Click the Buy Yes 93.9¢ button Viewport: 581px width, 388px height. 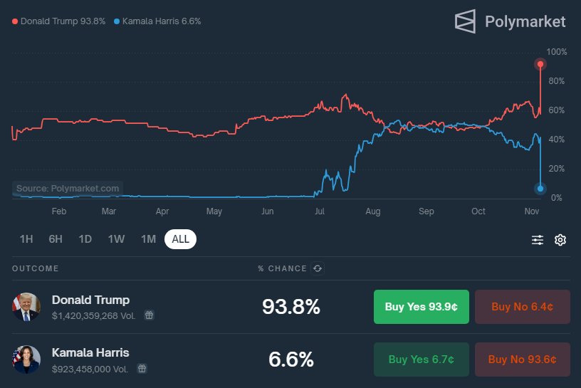click(421, 307)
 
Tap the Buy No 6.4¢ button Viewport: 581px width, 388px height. click(522, 307)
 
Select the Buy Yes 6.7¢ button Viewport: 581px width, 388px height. click(421, 360)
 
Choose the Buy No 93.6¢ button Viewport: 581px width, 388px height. click(522, 360)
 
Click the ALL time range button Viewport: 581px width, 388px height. click(180, 239)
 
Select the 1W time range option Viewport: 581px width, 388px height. click(117, 239)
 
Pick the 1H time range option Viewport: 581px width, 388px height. click(26, 239)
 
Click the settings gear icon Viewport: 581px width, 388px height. click(560, 240)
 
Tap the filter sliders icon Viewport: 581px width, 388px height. click(538, 240)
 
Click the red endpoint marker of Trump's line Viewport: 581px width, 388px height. click(540, 64)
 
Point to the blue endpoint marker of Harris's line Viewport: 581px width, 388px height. click(540, 189)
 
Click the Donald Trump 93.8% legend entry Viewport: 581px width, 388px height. click(59, 21)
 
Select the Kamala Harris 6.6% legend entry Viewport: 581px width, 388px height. click(157, 21)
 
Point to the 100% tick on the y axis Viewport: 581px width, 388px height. click(557, 52)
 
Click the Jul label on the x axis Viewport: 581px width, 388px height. click(320, 211)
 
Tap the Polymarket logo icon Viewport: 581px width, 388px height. click(465, 21)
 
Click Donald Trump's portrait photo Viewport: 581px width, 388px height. click(26, 307)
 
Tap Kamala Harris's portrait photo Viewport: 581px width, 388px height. click(26, 360)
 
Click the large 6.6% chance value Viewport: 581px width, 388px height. click(290, 360)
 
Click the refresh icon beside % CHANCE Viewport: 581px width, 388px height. click(318, 268)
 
